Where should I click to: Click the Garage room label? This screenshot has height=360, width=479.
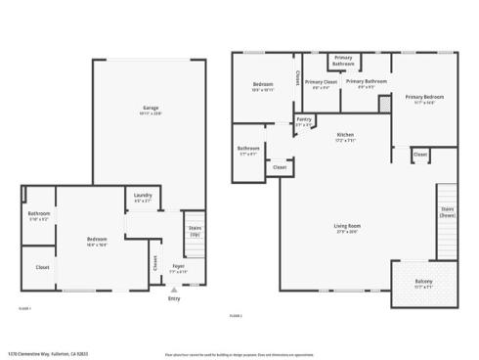tap(150, 108)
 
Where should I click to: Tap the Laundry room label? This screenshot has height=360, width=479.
tap(142, 195)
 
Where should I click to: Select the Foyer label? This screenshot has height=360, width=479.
tap(179, 265)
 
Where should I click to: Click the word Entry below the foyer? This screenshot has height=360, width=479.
tap(174, 298)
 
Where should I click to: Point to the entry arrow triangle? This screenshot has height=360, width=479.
tap(174, 290)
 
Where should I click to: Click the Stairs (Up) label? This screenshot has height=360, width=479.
tap(194, 231)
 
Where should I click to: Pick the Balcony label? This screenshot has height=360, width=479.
tap(424, 282)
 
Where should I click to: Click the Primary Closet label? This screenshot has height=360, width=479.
tap(321, 82)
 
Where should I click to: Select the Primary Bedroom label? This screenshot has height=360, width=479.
tap(425, 97)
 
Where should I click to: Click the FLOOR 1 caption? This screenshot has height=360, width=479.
tap(26, 307)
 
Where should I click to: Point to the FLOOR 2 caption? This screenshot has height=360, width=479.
tap(235, 315)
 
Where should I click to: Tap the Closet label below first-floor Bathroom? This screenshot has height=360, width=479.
tap(42, 266)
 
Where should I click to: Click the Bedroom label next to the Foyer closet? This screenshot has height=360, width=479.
tap(96, 239)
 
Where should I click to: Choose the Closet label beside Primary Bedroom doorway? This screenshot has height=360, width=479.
tap(419, 154)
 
